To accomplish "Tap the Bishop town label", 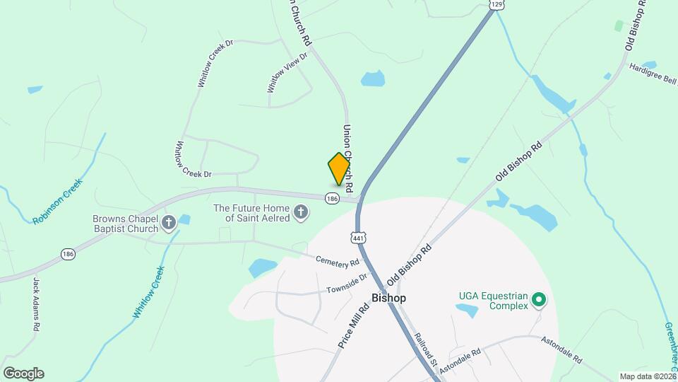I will pos(388,298).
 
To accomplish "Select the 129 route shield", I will pos(496,4).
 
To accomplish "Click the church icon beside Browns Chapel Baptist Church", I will pos(169,224).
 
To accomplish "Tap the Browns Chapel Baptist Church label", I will pos(124,224).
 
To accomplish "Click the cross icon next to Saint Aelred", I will pos(301,212).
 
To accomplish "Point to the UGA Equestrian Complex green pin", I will pos(540,301).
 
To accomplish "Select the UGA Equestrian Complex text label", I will pos(494,301).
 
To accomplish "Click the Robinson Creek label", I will pos(58,201).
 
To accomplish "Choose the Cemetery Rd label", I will pos(338,262).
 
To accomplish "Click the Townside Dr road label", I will pos(348,284).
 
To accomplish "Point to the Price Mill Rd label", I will pos(354,325).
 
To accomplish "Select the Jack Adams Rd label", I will pos(35,304).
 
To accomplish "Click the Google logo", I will pos(23,374).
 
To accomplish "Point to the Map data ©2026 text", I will pos(647,376).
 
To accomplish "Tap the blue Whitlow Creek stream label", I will pos(148,291).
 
